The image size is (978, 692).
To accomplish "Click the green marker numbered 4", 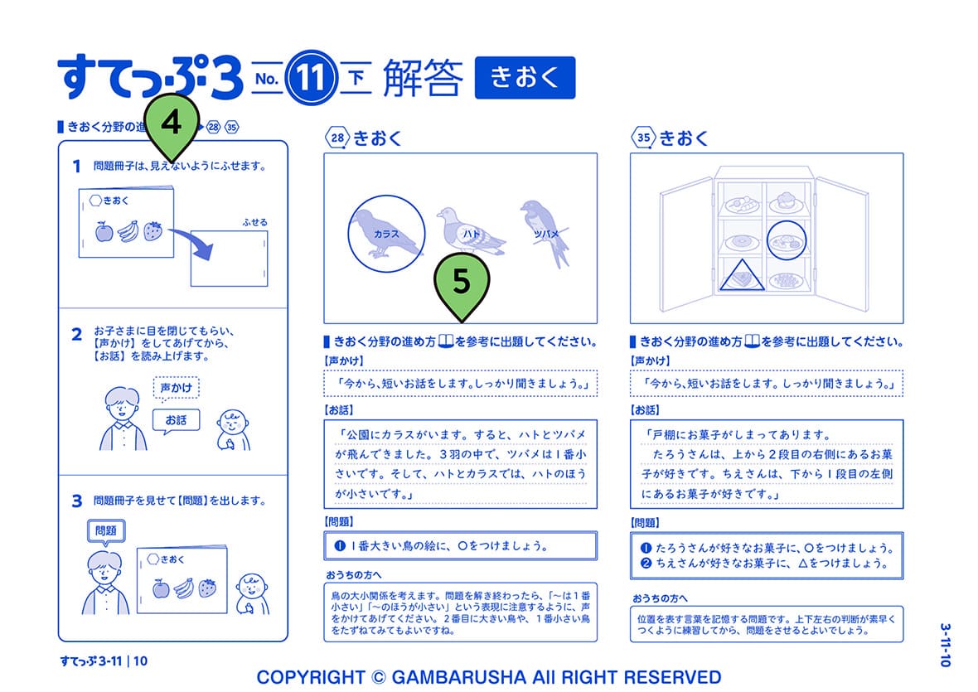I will (172, 124).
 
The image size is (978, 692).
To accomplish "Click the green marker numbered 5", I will (462, 283).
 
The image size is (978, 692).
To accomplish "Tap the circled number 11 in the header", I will (312, 80).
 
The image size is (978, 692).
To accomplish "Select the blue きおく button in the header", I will (524, 79).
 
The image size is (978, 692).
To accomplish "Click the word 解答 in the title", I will (423, 80).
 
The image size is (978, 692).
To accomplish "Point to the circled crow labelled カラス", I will (386, 232).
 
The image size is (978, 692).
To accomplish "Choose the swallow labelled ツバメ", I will (544, 230).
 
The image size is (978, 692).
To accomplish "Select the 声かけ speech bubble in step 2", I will (177, 388).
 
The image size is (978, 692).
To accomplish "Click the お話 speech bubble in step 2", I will (177, 420).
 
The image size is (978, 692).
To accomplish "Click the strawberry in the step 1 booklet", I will (153, 230).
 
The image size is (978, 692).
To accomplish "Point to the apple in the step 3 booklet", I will (162, 589).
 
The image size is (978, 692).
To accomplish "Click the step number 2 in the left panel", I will (76, 335).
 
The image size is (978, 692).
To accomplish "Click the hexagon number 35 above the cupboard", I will (643, 138).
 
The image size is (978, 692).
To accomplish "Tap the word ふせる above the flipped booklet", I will (254, 222).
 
